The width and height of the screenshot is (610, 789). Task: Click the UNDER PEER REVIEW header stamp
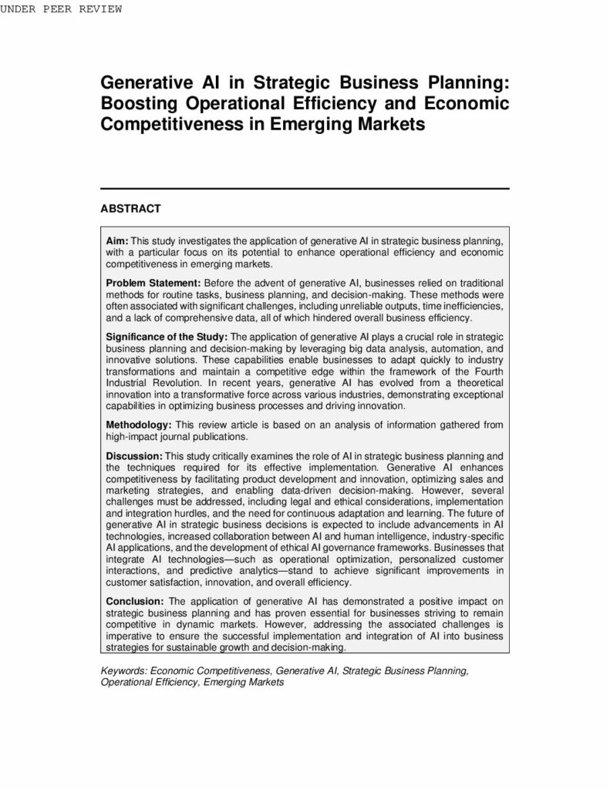click(x=61, y=8)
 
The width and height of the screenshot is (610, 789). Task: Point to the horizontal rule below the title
click(x=305, y=188)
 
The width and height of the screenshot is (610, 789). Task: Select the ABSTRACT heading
click(x=130, y=209)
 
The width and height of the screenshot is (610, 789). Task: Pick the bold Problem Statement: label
click(x=153, y=284)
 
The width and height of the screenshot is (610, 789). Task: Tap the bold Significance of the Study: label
click(x=167, y=337)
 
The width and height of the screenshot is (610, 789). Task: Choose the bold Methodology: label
click(x=140, y=424)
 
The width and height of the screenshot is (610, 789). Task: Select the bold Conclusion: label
click(x=135, y=601)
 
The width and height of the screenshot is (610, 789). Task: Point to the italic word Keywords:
click(x=124, y=671)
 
